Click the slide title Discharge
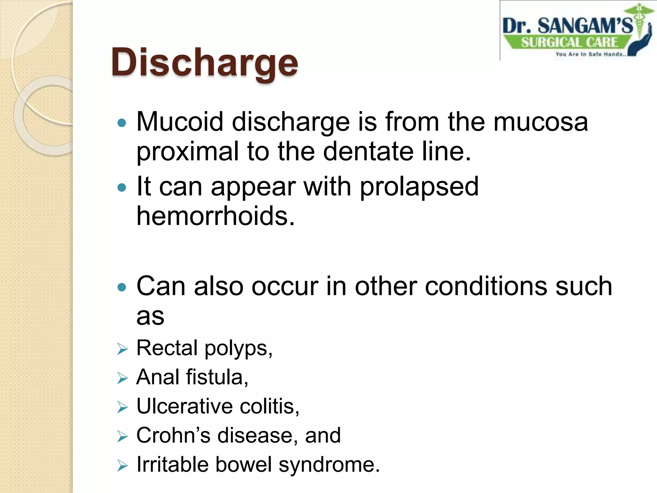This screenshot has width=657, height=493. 204,63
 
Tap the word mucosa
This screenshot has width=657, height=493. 541,122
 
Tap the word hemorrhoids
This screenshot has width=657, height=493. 215,216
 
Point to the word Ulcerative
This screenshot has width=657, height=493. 184,406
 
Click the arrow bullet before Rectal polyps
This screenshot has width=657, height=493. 122,349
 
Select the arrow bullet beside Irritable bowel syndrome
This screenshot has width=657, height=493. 122,465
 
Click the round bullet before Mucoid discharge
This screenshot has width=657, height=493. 122,123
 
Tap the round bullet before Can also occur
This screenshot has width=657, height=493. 122,287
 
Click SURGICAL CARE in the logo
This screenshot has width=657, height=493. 569,42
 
